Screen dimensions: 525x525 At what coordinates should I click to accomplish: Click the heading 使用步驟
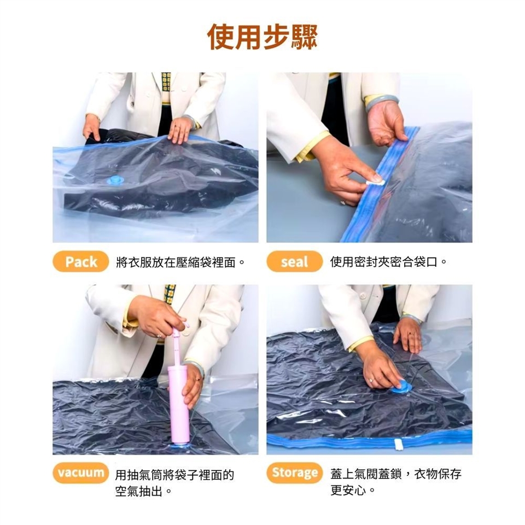click(x=262, y=37)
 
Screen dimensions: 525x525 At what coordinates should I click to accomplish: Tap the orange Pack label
click(x=81, y=261)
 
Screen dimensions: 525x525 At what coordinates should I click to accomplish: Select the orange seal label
click(x=294, y=261)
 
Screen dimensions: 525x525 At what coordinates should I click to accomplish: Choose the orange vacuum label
click(x=81, y=472)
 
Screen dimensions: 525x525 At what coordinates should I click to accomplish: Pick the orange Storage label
click(x=294, y=472)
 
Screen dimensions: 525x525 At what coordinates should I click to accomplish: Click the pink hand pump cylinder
click(x=178, y=405)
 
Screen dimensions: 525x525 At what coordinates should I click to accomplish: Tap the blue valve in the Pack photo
click(x=115, y=180)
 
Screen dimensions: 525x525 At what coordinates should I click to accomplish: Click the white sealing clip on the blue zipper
click(x=375, y=182)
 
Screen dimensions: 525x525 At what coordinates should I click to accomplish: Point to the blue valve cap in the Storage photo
click(x=401, y=387)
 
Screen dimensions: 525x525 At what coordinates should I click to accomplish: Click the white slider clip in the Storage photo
click(x=398, y=444)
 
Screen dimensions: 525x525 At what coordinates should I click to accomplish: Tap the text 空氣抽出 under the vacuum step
click(x=138, y=491)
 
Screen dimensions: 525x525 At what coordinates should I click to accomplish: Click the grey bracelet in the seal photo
click(x=382, y=102)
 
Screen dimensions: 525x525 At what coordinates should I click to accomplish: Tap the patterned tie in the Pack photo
click(x=166, y=83)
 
